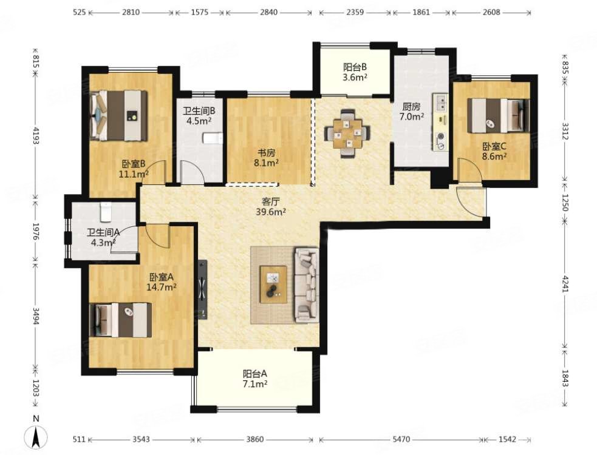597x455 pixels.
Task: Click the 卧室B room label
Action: click(133, 164)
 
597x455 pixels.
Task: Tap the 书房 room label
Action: click(267, 153)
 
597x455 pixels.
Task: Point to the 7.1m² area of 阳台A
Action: click(255, 384)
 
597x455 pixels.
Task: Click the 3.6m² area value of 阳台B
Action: click(355, 77)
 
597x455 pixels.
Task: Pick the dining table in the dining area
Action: click(347, 133)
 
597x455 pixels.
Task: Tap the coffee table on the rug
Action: click(273, 284)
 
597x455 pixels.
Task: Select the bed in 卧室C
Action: click(499, 115)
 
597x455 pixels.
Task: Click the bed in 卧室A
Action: click(120, 320)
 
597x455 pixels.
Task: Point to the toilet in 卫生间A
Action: click(106, 212)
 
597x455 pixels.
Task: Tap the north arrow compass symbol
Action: click(36, 437)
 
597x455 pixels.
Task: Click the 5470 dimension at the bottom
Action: click(401, 439)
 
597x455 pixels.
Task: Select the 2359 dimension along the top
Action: click(355, 12)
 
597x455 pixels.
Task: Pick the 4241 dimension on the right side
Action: click(565, 284)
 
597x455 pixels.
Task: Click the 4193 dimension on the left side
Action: click(35, 135)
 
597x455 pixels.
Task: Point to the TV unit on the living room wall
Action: click(203, 289)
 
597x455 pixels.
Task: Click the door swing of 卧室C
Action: click(469, 170)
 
